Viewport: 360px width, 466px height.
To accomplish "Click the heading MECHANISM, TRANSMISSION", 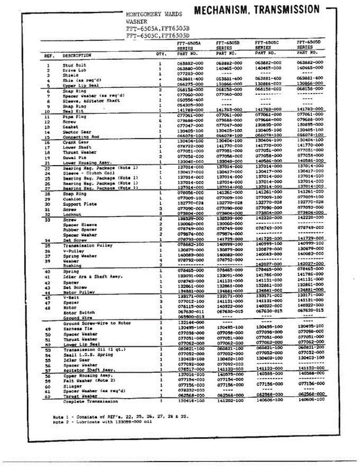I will pyautogui.click(x=257, y=10).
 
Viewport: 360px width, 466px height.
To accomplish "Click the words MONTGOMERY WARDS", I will pyautogui.click(x=154, y=14).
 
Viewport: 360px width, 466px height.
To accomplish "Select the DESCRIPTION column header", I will pyautogui.click(x=77, y=56).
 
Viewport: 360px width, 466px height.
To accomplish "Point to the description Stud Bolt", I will pyautogui.click(x=75, y=65).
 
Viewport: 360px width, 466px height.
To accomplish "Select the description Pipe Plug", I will pyautogui.click(x=75, y=116).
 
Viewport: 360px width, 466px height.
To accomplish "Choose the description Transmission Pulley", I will pyautogui.click(x=88, y=245).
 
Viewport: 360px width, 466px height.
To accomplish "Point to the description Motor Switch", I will pyautogui.click(x=79, y=312).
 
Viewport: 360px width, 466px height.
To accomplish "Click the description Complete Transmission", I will pyautogui.click(x=91, y=401).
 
